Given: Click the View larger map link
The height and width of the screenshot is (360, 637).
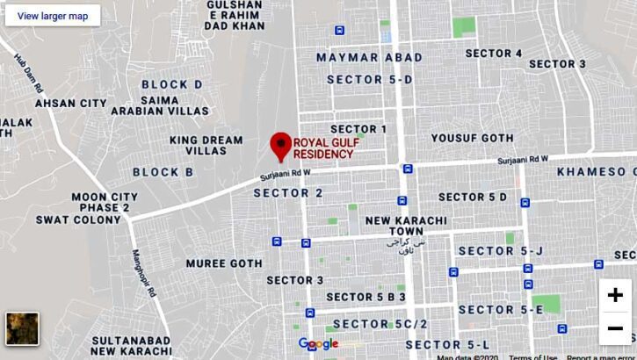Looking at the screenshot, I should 53,16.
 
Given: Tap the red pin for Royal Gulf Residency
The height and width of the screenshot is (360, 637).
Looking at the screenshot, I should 280,146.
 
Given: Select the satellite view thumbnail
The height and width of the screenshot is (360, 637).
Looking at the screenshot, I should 22,328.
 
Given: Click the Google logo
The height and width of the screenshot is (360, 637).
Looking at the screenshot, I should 318,343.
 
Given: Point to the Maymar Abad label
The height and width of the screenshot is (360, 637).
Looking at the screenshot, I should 369,57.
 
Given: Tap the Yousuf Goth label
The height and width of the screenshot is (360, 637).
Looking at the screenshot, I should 472,139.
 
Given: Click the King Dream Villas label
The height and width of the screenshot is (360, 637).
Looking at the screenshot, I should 206,145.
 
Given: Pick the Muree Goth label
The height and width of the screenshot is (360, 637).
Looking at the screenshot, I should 224,263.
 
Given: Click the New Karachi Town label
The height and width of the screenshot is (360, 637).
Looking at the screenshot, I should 406,226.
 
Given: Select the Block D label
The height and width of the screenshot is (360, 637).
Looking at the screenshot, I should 171,84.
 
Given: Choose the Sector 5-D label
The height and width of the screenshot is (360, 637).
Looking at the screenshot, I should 369,79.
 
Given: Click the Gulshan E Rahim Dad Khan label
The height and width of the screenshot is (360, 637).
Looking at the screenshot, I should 234,15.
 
